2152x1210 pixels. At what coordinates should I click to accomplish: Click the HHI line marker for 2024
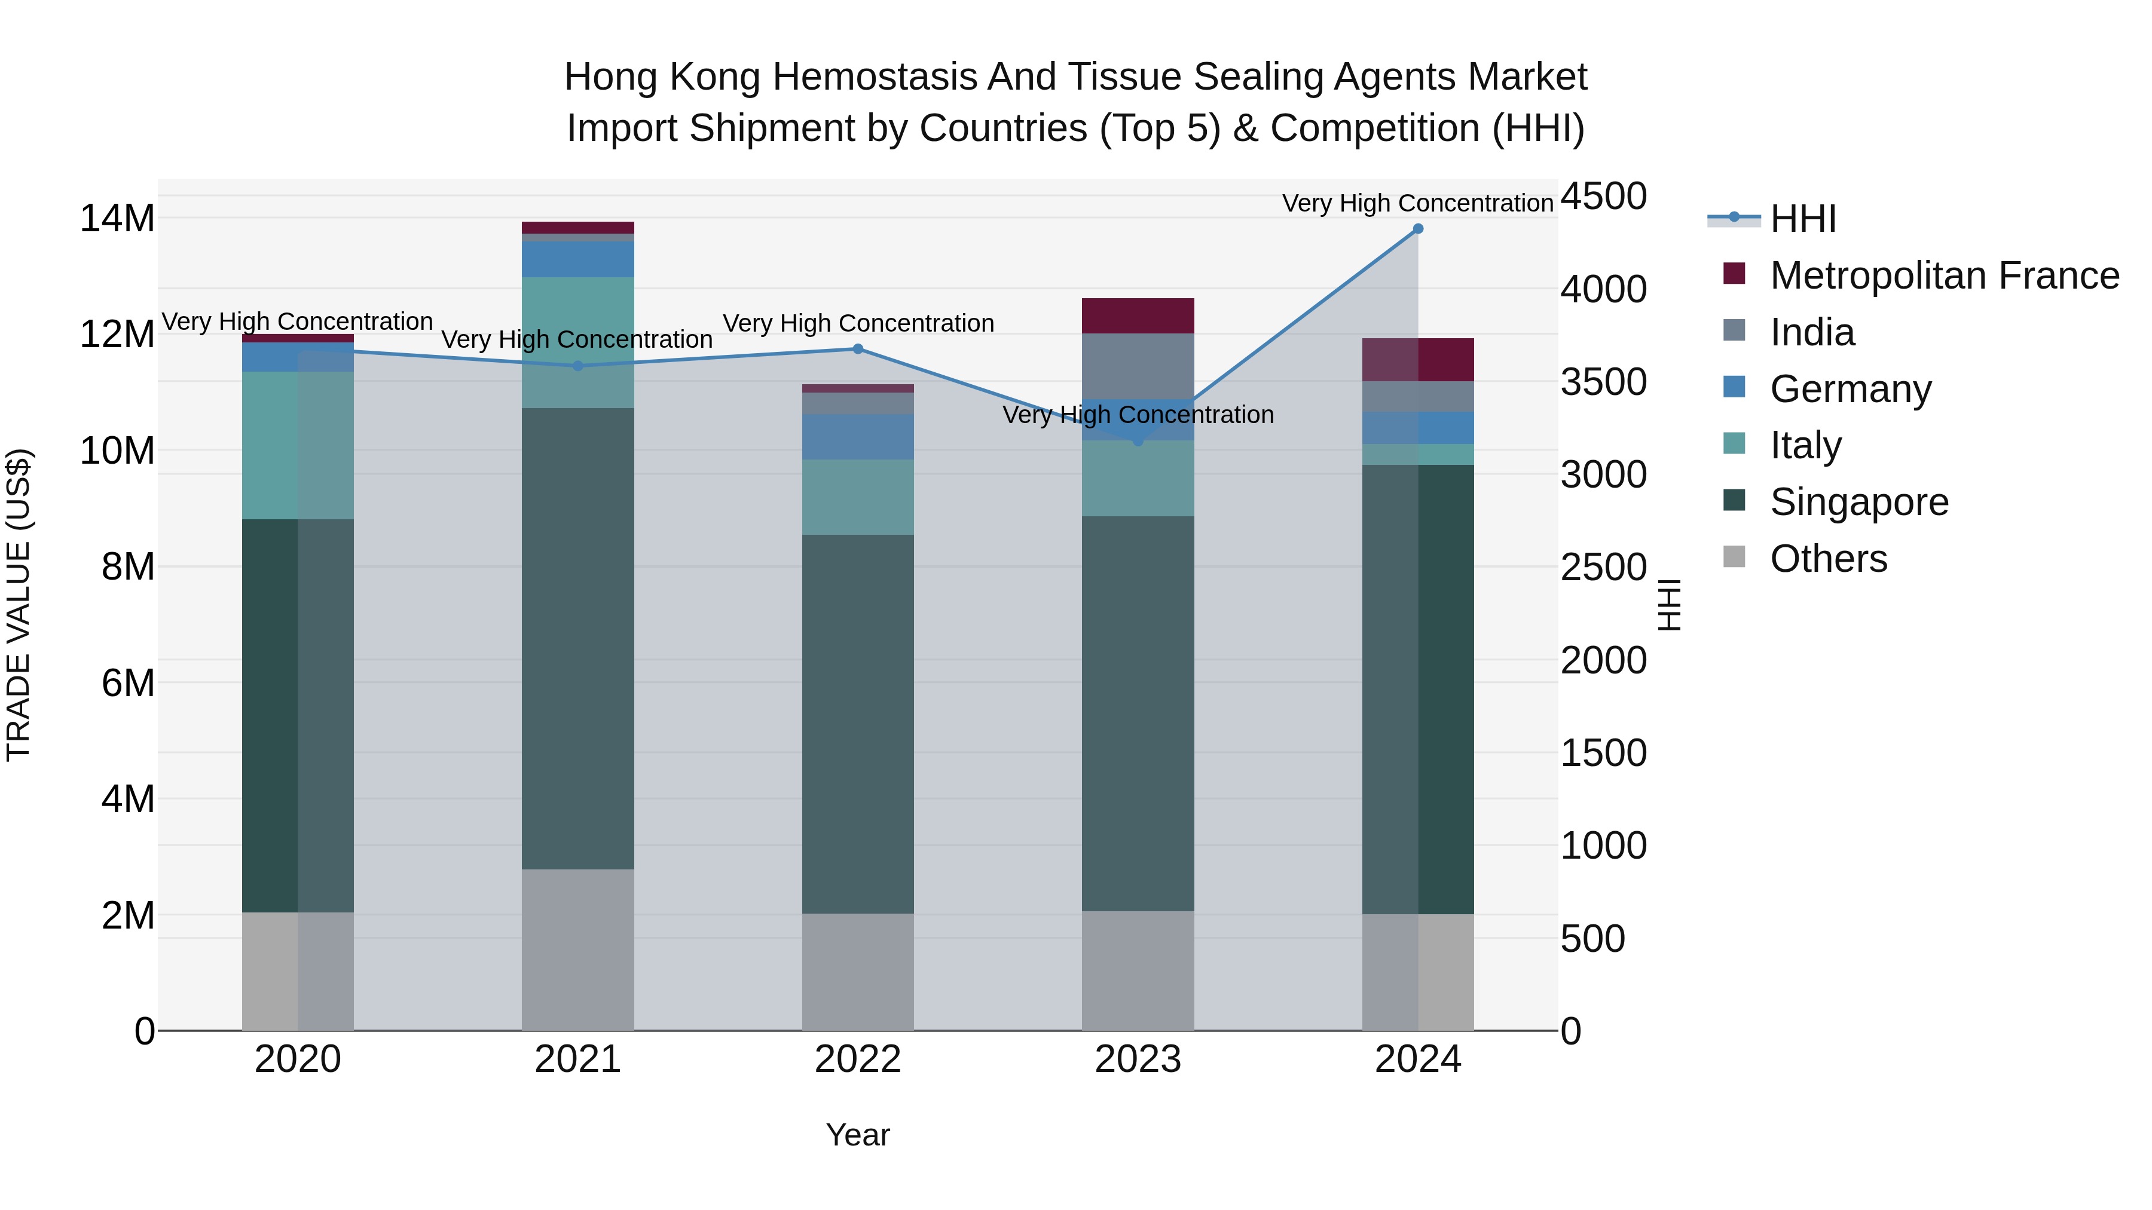(x=1418, y=229)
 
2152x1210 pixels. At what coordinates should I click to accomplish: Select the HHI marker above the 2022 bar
(x=858, y=349)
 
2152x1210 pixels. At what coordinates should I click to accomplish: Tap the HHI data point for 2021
(x=578, y=366)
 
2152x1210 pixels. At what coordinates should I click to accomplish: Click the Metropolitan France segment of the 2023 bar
(x=1138, y=315)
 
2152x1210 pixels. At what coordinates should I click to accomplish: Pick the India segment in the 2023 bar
(x=1138, y=366)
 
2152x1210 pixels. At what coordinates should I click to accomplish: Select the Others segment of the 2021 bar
(x=578, y=949)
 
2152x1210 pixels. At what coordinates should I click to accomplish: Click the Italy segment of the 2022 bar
(x=858, y=497)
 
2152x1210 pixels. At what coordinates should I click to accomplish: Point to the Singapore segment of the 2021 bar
(x=578, y=639)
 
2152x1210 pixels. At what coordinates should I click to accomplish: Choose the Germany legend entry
(x=1850, y=389)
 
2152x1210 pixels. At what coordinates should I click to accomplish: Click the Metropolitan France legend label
(x=1944, y=275)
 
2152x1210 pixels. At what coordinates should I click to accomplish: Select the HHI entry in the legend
(x=1803, y=219)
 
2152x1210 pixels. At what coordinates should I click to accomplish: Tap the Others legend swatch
(x=1734, y=557)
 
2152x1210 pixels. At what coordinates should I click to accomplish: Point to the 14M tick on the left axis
(x=117, y=219)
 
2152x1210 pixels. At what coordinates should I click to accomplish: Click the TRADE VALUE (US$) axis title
(x=19, y=605)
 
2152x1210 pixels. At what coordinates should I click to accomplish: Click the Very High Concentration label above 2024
(x=1418, y=203)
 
